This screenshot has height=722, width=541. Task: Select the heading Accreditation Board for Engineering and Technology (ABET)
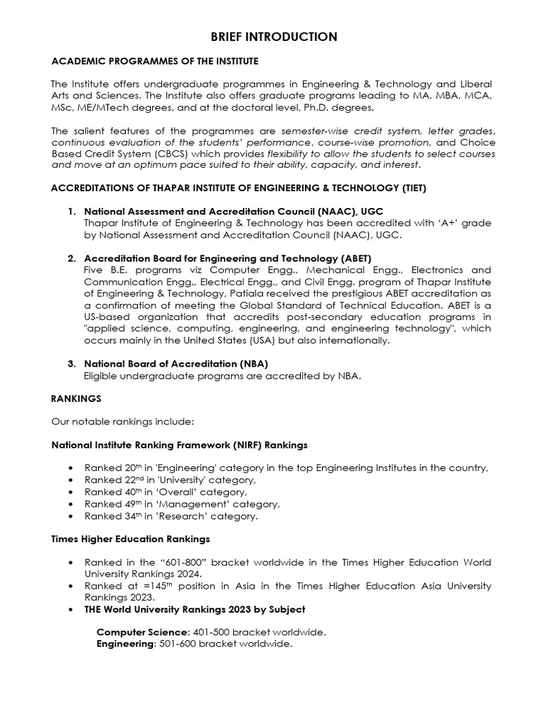(x=228, y=258)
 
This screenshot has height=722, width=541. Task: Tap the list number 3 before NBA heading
(x=71, y=364)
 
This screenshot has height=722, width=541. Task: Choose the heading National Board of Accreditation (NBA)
(x=176, y=364)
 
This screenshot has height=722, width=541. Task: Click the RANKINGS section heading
(x=76, y=398)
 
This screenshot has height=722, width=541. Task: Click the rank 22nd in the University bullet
(x=135, y=480)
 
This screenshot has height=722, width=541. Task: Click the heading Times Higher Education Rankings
(x=130, y=539)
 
